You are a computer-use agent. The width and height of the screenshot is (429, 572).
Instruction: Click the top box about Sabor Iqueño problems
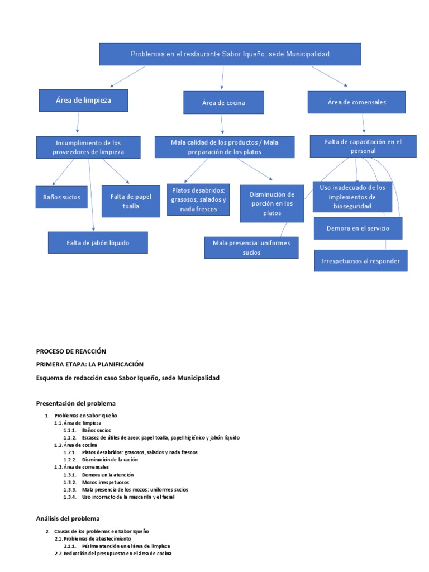click(x=230, y=54)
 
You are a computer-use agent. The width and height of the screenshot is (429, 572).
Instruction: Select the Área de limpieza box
click(x=84, y=101)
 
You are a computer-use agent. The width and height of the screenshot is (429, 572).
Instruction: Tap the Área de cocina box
click(x=223, y=103)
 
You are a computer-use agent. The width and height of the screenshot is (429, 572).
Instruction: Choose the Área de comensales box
click(x=356, y=102)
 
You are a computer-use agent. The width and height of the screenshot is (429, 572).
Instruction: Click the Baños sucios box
click(x=61, y=197)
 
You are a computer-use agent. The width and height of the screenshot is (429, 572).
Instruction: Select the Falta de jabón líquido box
click(x=97, y=243)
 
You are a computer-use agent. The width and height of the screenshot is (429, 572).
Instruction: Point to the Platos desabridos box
click(x=198, y=199)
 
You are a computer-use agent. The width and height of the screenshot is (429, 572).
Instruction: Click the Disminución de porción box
click(x=272, y=203)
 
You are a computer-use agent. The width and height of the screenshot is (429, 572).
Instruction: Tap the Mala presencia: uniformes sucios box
click(x=251, y=248)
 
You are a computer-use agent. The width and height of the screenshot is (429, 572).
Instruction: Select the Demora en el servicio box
click(x=358, y=228)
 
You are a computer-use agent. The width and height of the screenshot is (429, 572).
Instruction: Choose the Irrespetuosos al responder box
click(x=361, y=261)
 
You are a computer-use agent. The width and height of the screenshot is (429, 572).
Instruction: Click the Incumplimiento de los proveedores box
click(x=88, y=147)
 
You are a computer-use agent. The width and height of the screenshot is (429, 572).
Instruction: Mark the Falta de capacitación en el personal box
click(x=363, y=146)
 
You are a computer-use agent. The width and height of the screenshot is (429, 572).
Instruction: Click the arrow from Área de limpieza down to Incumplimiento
click(x=78, y=123)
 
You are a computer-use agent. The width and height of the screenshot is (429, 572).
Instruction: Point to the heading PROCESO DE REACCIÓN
click(x=71, y=351)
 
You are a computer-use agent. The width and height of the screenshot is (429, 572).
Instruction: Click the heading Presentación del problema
click(x=75, y=403)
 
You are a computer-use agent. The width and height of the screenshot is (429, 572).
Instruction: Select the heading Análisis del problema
click(x=68, y=518)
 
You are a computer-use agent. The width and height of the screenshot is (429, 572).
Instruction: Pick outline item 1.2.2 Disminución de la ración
click(x=109, y=459)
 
